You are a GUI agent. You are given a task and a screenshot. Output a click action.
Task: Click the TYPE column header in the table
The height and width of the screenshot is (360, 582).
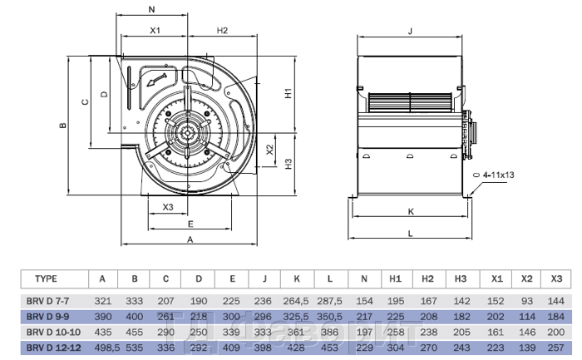pos(47,279)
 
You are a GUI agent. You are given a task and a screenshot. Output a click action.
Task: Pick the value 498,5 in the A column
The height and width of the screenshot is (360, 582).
pos(101,346)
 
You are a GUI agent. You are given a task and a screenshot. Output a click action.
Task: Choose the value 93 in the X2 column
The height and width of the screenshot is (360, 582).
pos(525,301)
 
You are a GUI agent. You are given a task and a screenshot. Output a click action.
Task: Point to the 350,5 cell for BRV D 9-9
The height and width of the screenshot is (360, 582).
pos(330,317)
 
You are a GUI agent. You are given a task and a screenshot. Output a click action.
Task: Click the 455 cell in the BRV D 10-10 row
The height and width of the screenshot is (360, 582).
pos(134,331)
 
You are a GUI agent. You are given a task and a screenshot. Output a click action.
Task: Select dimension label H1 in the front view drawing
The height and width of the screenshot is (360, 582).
pos(288,93)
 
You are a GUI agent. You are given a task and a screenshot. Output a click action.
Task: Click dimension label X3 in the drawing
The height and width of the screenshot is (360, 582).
pos(167,207)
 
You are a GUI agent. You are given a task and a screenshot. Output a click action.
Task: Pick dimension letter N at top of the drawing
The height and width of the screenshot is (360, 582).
pos(150,10)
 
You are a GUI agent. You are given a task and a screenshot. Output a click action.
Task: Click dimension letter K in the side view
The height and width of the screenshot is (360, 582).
pos(410,211)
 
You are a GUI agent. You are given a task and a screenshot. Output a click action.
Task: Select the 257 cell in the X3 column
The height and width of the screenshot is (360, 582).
pos(556,346)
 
